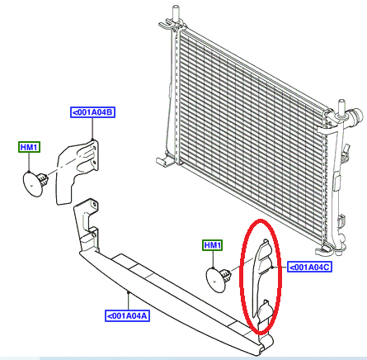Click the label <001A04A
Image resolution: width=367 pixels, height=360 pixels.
coord(127,315)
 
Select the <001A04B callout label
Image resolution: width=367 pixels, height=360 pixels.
coord(92,112)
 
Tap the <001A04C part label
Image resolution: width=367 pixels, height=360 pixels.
coord(309,267)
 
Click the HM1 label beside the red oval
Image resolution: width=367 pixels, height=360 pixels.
coord(213,245)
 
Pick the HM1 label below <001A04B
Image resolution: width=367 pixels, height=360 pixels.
coord(29,147)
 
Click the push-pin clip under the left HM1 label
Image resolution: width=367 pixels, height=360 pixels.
coord(35,183)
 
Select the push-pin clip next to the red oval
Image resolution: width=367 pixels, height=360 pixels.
coord(219,279)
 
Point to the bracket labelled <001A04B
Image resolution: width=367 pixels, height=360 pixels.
coord(77,171)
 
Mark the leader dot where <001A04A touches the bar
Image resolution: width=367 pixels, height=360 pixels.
coord(128,292)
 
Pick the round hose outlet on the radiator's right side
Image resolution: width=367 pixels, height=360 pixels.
coord(356,115)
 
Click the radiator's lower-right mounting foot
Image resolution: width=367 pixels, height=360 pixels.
coord(324,250)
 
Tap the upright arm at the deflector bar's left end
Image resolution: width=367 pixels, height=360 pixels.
coord(87,223)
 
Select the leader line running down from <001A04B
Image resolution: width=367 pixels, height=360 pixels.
coord(92,129)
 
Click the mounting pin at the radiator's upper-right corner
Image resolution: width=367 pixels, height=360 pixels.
coord(341,110)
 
